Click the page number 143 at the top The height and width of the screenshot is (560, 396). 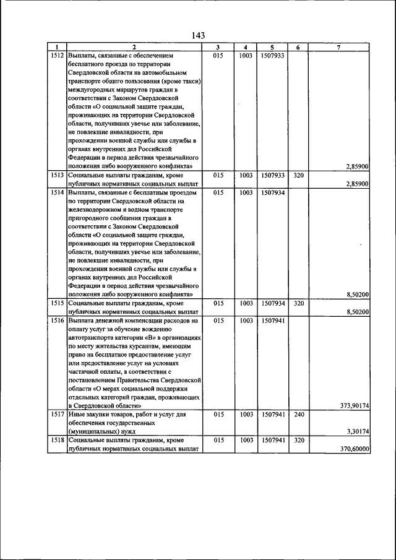(198, 35)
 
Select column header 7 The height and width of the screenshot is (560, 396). (338, 47)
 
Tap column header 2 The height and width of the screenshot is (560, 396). (133, 47)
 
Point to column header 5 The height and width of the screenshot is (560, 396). (272, 47)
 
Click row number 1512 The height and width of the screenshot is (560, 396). (57, 55)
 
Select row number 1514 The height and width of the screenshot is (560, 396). (57, 192)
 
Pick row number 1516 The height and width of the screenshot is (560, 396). (57, 321)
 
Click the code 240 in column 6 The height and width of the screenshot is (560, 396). (298, 414)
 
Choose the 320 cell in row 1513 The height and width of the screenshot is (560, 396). (298, 175)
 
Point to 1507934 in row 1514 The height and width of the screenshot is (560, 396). (272, 192)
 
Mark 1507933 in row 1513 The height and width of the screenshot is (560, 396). (272, 175)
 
